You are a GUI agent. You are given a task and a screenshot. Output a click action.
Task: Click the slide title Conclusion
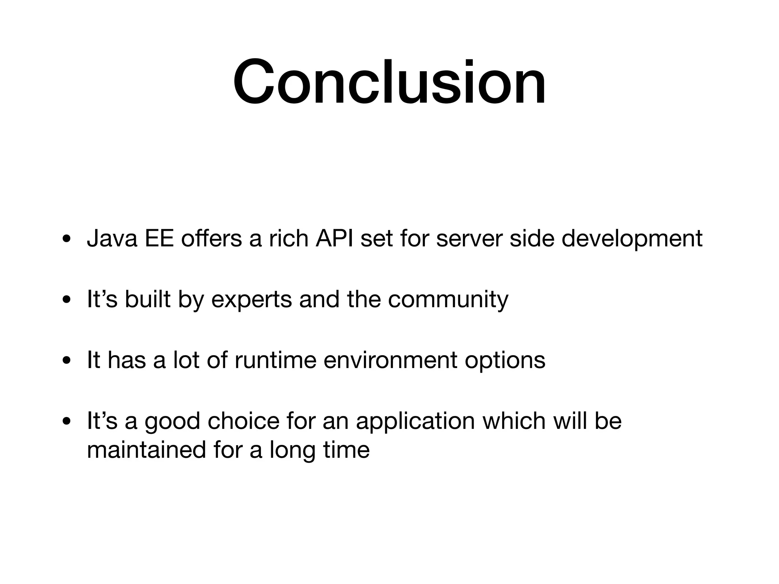pyautogui.click(x=389, y=81)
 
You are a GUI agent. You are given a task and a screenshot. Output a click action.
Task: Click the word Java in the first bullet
pyautogui.click(x=112, y=239)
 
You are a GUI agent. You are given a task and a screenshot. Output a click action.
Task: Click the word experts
pyautogui.click(x=251, y=300)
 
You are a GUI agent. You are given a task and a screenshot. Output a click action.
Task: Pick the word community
pyautogui.click(x=448, y=300)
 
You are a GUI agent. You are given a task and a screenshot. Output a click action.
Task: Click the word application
pyautogui.click(x=415, y=421)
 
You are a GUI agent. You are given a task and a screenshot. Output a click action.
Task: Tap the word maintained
pyautogui.click(x=146, y=449)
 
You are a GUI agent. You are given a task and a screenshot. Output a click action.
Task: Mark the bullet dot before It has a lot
pyautogui.click(x=67, y=360)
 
